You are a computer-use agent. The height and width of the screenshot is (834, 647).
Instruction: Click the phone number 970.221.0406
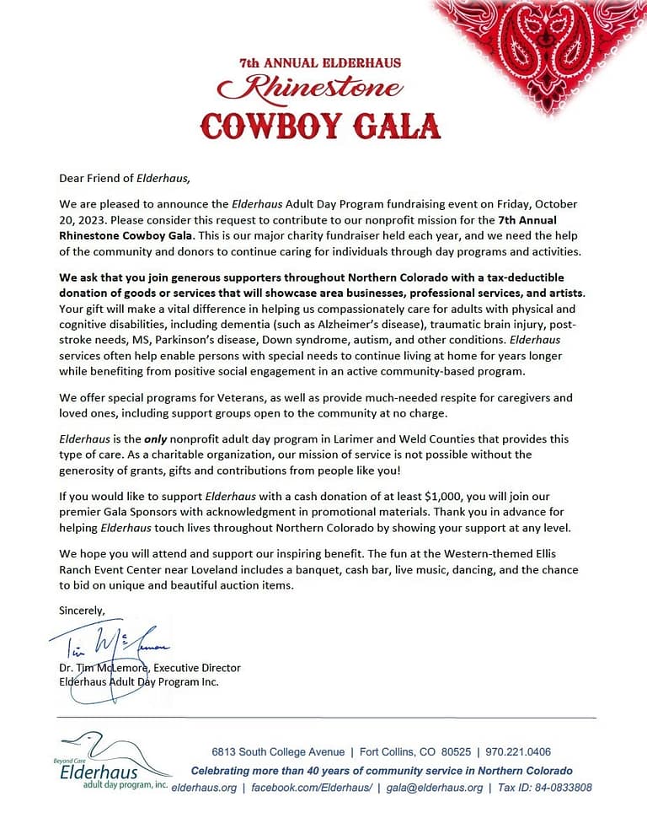click(x=520, y=752)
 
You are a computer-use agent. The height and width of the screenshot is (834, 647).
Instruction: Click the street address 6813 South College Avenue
click(x=278, y=752)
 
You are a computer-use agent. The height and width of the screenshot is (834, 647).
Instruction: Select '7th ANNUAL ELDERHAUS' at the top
click(x=319, y=62)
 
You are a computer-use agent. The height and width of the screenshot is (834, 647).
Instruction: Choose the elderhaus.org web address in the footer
click(x=203, y=788)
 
